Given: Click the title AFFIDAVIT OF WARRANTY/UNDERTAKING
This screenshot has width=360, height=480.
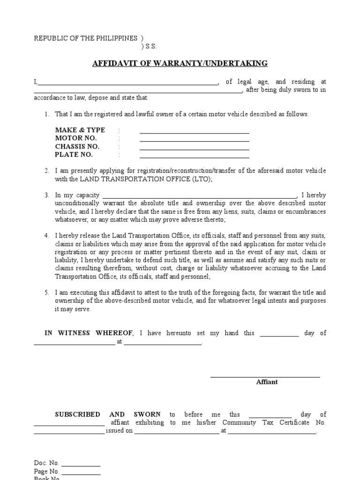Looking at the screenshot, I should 180,63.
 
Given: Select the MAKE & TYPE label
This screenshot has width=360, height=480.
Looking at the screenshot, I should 80,130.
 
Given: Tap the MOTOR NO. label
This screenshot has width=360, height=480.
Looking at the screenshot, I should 75,138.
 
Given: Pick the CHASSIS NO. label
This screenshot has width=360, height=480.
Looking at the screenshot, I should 77,146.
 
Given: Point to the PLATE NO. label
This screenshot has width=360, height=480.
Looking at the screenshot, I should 74,155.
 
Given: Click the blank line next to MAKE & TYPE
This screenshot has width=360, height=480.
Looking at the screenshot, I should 194,133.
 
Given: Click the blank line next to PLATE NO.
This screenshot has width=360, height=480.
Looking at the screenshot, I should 194,157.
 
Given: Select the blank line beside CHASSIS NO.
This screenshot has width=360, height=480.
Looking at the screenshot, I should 194,149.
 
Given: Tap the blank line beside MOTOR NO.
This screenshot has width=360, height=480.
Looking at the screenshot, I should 194,141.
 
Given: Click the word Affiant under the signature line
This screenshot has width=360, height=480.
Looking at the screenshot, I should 267,382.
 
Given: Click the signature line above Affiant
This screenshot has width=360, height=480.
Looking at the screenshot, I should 265,376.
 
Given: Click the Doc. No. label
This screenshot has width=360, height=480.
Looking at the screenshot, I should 46,463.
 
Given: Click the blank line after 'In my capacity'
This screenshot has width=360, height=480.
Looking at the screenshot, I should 199,198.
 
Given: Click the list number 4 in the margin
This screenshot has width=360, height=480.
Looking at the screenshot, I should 47,235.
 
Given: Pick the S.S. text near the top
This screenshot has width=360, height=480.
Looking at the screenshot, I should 150,46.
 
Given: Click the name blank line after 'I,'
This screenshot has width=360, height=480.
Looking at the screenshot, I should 127,85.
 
